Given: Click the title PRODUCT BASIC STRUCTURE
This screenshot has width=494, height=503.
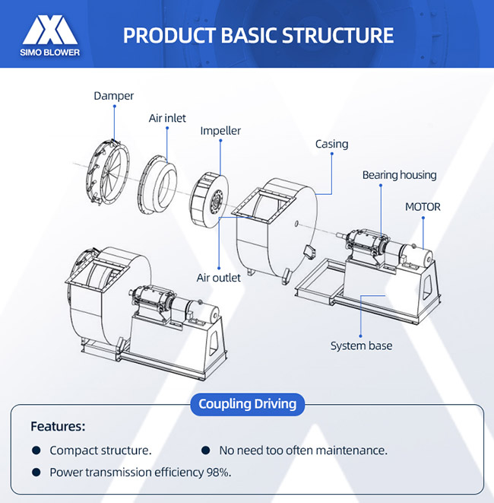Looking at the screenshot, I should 258,35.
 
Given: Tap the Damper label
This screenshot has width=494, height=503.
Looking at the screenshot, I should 113,96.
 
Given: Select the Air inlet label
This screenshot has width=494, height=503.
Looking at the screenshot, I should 167,119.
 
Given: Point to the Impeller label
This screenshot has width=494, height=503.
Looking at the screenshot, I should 220,131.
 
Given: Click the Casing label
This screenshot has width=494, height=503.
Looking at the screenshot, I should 331,144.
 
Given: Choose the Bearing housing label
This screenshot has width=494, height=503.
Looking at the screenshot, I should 399,175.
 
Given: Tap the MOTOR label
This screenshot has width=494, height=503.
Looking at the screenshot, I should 423,206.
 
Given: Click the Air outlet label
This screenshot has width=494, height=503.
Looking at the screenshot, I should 219,278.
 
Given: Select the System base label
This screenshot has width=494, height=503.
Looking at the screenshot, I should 361,346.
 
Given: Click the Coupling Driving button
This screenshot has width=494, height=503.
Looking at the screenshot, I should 247,403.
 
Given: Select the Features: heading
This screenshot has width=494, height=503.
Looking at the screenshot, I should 58,426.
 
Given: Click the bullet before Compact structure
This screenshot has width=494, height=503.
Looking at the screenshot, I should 36,450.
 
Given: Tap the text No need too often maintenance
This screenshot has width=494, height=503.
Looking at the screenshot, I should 302,450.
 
